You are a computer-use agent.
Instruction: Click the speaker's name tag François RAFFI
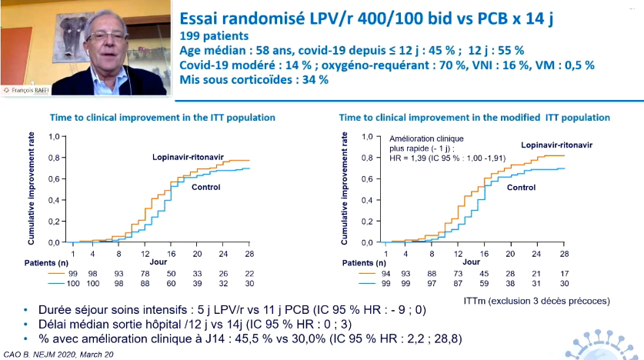32,90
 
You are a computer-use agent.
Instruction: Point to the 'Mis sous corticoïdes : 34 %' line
253,79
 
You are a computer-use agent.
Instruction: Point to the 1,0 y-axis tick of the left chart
53,137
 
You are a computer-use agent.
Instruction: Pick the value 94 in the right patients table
385,274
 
